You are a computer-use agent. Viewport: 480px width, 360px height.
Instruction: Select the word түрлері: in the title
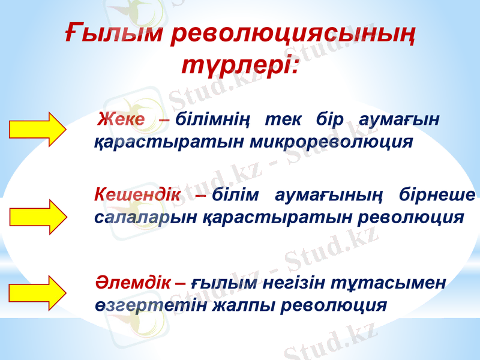tap(239, 63)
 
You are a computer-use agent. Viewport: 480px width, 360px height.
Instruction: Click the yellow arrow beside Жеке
tap(37, 129)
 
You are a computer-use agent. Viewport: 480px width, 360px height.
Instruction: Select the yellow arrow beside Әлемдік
tap(37, 292)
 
